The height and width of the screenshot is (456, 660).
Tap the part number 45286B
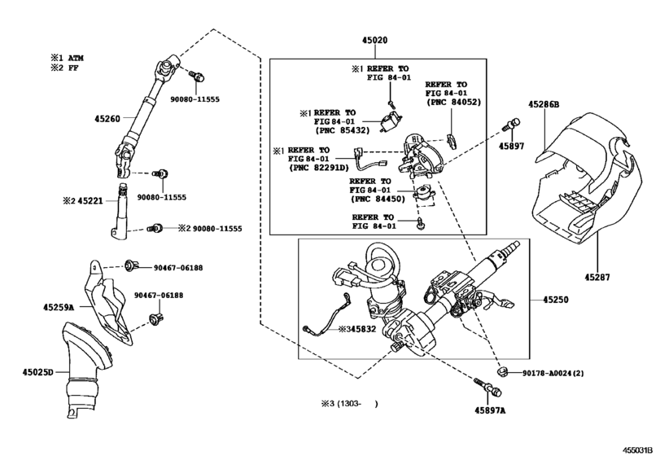tap(544, 104)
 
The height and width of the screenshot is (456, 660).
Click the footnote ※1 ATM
tap(68, 58)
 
